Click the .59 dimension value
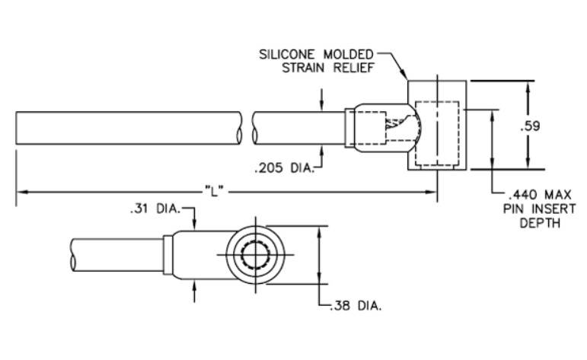(x=530, y=126)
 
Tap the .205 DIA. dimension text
(x=284, y=168)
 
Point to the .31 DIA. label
(x=155, y=209)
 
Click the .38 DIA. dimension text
(x=356, y=306)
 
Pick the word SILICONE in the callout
(x=287, y=55)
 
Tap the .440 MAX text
(x=541, y=195)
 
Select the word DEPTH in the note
(x=540, y=224)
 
